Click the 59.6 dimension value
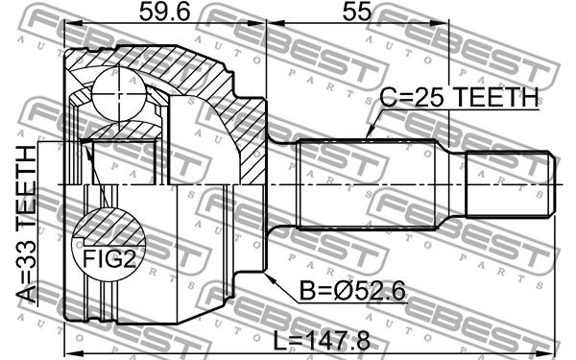click(164, 12)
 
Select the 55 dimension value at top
click(357, 12)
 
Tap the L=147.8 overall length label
click(322, 341)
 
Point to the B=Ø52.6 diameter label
click(352, 291)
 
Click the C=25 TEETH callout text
click(459, 97)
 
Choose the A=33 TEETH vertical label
click(27, 224)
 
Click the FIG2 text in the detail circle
click(109, 258)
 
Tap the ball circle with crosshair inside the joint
click(119, 94)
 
